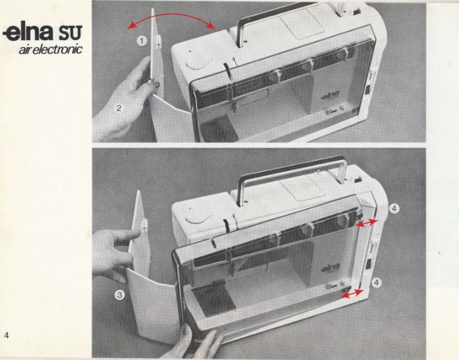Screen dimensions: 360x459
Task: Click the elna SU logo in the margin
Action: [x=43, y=32]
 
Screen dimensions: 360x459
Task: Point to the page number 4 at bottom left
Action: [x=6, y=334]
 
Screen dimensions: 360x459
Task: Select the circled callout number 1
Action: [x=141, y=41]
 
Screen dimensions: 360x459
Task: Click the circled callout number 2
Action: [x=119, y=107]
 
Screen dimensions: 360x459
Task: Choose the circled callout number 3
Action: [x=119, y=295]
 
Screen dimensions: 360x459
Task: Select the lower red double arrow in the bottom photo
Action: [x=353, y=294]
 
